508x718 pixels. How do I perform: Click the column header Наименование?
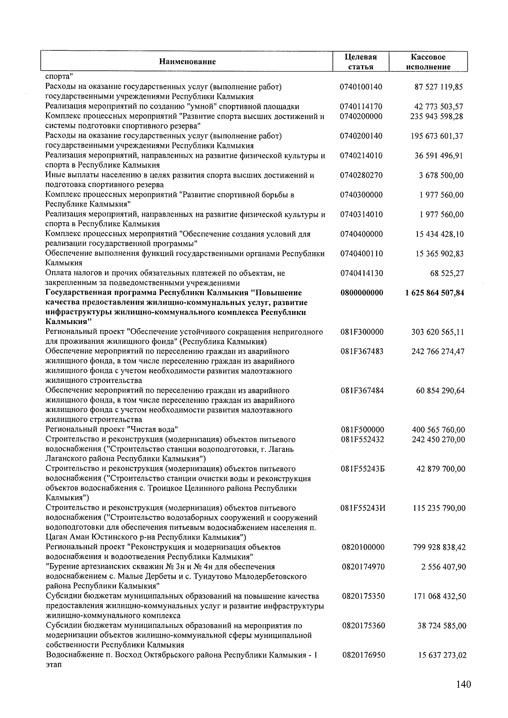[187, 62]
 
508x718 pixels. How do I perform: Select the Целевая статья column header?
[361, 62]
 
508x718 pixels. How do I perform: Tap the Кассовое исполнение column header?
[428, 62]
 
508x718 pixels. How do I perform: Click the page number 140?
[464, 685]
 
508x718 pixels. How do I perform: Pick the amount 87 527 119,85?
[438, 87]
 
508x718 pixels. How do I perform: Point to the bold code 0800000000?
[362, 293]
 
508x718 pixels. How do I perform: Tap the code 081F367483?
[362, 352]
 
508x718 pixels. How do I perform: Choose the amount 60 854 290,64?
[440, 391]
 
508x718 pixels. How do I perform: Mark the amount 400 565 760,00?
[438, 430]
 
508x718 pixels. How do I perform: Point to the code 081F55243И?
[363, 508]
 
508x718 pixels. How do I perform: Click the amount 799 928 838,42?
[439, 547]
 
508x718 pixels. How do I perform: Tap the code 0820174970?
[363, 567]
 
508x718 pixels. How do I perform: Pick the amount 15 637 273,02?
[442, 655]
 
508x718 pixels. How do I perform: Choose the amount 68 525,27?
[447, 273]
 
